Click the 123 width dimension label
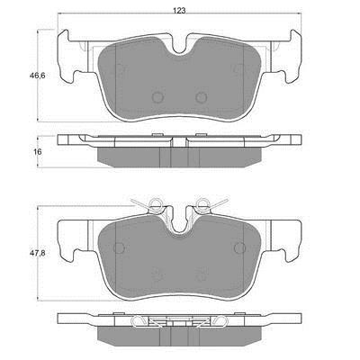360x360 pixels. [179, 11]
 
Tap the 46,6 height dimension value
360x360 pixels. [37, 76]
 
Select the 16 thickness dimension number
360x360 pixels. [38, 152]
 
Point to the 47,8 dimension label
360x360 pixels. [37, 253]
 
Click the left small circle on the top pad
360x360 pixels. [157, 97]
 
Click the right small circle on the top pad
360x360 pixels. [202, 97]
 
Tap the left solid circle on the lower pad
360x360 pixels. [119, 247]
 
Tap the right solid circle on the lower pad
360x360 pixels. [240, 247]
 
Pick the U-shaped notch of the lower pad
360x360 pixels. [179, 229]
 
